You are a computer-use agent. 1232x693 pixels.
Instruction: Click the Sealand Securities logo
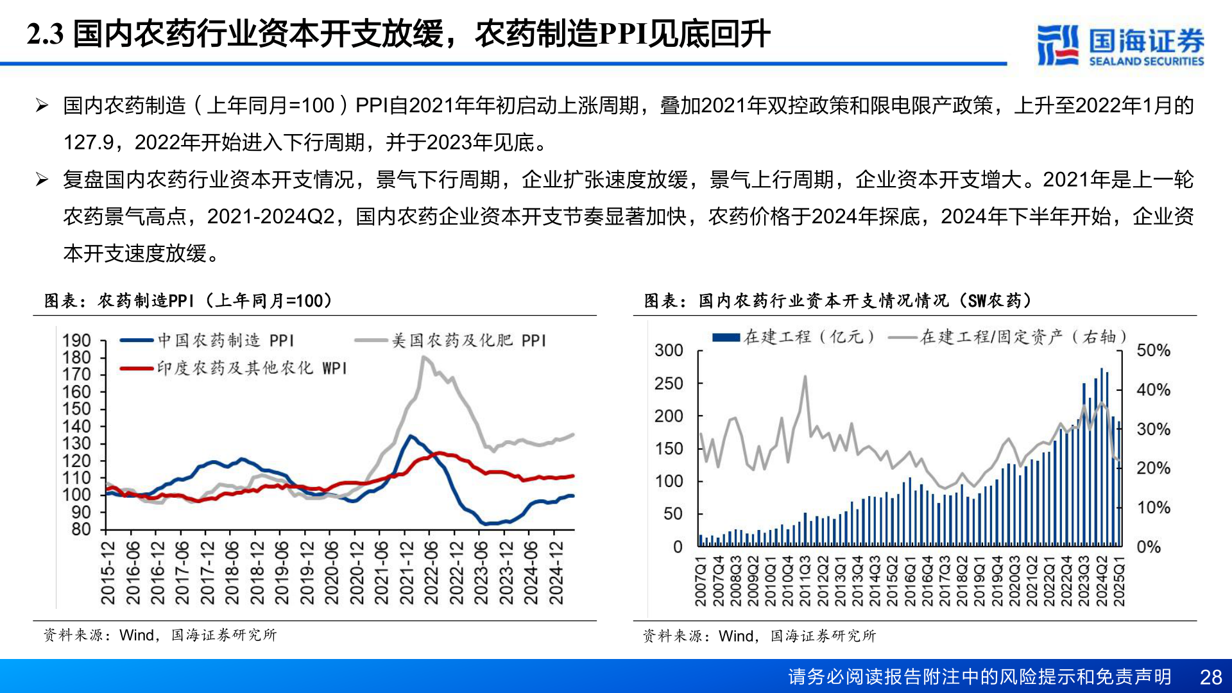click(1120, 45)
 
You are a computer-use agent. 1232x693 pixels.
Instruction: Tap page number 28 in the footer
click(1211, 677)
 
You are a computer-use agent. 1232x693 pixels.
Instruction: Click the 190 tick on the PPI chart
click(76, 341)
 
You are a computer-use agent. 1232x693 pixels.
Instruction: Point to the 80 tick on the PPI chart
click(81, 529)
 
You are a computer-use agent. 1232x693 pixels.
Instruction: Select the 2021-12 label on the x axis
click(406, 573)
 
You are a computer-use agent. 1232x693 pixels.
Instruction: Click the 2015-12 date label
click(108, 573)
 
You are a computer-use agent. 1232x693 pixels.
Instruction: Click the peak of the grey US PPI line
click(424, 357)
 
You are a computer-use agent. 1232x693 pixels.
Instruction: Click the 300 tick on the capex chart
click(669, 350)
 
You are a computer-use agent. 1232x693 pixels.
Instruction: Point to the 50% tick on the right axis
click(1153, 350)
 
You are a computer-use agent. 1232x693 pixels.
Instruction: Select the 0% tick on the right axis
click(1149, 547)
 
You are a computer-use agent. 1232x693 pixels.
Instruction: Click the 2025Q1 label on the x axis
click(1119, 581)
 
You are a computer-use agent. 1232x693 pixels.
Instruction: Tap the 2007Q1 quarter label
click(701, 581)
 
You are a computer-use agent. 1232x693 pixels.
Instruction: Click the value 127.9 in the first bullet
click(87, 142)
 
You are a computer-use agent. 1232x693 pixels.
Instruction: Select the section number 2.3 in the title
click(45, 34)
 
